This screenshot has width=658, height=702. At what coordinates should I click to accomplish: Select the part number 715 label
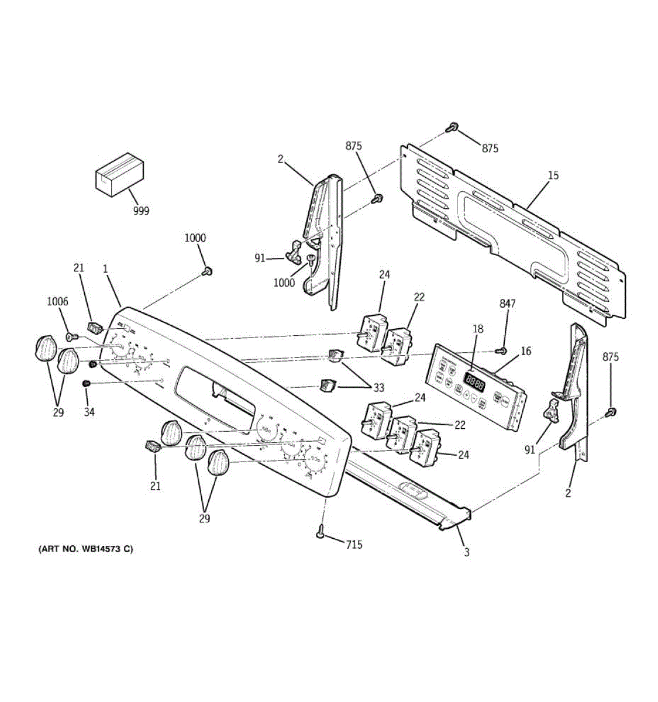click(354, 545)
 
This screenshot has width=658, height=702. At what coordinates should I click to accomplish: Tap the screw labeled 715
click(321, 532)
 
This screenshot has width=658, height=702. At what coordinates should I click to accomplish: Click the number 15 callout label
click(553, 175)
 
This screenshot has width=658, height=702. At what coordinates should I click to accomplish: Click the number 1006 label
click(57, 302)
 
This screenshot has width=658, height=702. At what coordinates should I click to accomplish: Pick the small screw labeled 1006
click(71, 336)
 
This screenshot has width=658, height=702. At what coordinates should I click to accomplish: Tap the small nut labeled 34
click(87, 383)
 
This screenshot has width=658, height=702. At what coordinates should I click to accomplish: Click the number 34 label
click(88, 412)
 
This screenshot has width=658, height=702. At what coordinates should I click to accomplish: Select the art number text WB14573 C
click(85, 549)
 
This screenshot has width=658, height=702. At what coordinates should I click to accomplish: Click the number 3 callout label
click(466, 552)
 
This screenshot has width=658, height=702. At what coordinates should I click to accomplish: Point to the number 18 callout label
click(478, 329)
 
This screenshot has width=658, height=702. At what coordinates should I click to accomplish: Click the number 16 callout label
click(526, 351)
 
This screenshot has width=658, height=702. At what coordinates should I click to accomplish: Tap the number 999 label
click(141, 211)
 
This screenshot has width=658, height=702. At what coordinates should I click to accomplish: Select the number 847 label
click(507, 303)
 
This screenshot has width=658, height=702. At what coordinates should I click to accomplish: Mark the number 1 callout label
click(105, 269)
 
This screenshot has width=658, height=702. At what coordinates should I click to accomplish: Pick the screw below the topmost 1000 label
click(207, 271)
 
